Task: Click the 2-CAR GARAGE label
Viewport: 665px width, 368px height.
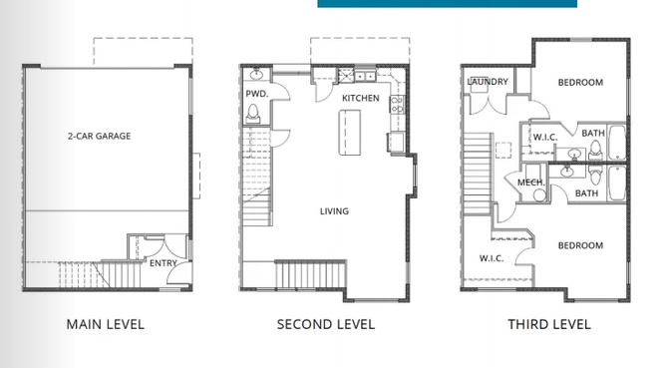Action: click(99, 136)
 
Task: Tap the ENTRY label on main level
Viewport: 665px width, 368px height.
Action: click(164, 263)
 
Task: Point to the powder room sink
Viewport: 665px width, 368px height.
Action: click(256, 75)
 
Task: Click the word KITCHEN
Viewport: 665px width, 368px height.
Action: click(360, 100)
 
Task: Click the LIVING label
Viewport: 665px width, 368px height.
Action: click(334, 211)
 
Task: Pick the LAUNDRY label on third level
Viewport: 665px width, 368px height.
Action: click(488, 82)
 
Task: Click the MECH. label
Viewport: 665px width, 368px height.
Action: click(529, 183)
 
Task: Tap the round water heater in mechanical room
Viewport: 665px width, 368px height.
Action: click(540, 195)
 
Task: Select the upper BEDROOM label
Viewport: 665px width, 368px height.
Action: click(579, 83)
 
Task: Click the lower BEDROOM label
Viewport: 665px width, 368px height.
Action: click(579, 245)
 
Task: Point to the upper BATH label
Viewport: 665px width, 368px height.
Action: click(593, 133)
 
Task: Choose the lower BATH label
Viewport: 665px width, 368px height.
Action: click(586, 193)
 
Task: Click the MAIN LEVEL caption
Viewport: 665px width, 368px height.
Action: click(105, 324)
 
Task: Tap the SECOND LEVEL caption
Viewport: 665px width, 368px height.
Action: click(325, 324)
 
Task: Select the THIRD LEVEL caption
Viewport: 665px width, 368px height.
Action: click(548, 324)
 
